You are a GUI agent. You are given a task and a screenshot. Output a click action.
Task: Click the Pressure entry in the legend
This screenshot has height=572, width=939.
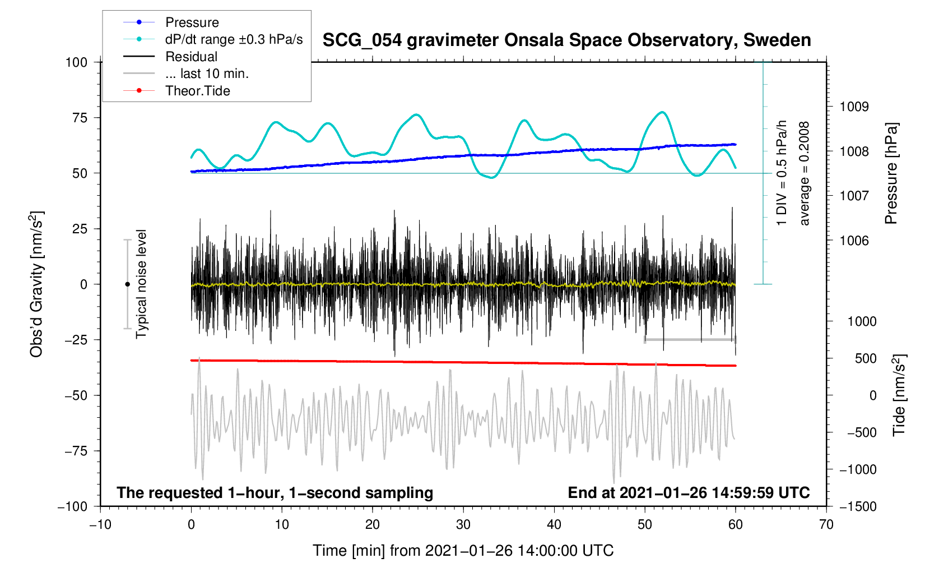click(192, 22)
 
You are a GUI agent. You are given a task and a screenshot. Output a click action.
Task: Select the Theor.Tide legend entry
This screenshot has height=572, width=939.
click(197, 91)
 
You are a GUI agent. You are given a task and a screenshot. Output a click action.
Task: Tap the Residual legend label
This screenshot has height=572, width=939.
click(191, 57)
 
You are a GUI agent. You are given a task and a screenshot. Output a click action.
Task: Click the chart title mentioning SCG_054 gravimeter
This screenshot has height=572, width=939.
click(566, 40)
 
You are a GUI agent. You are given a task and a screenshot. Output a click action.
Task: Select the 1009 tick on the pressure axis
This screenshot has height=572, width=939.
click(854, 107)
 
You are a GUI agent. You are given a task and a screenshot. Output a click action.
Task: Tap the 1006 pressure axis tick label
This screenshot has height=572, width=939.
click(854, 241)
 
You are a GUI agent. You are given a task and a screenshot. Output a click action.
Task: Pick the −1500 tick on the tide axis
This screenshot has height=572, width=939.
click(858, 506)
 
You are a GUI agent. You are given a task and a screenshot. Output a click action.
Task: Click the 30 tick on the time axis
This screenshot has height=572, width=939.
click(463, 525)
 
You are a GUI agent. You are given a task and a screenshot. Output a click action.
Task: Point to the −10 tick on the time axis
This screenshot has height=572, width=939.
click(100, 525)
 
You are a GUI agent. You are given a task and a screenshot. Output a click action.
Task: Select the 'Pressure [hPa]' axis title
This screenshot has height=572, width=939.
click(891, 173)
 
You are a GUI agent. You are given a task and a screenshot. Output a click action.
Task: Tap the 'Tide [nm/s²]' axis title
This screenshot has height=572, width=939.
click(899, 395)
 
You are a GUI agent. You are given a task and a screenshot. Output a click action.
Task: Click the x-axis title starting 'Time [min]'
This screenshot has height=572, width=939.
click(463, 551)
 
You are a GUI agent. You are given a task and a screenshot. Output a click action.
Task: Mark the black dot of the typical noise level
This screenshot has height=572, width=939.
click(127, 284)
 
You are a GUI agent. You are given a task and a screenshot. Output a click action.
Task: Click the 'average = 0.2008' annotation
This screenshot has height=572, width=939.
click(805, 173)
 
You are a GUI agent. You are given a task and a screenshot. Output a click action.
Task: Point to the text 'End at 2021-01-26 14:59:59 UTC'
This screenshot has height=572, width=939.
click(689, 493)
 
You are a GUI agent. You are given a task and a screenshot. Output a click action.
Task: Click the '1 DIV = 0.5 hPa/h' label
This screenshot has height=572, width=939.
click(782, 173)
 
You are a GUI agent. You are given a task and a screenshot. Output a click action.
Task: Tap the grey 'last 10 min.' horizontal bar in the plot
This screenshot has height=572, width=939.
click(690, 340)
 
